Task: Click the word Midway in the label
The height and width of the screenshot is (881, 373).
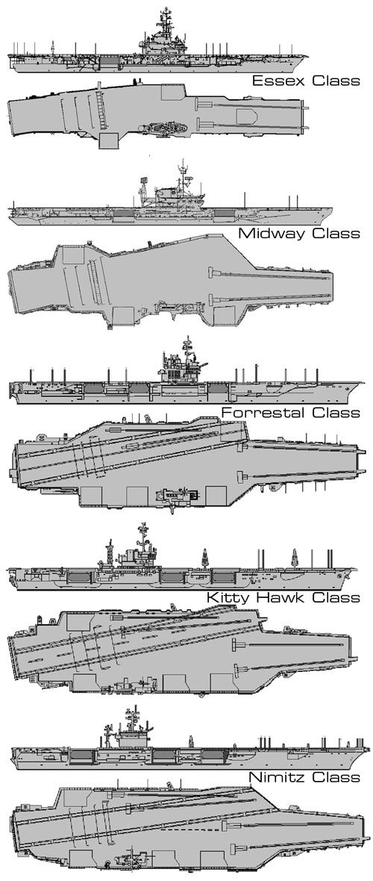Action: coord(270,233)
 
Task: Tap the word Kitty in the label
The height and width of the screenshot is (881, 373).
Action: coord(224,597)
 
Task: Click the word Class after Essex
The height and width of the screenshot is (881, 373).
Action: coord(336,81)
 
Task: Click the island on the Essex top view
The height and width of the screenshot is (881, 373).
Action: coord(165,128)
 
